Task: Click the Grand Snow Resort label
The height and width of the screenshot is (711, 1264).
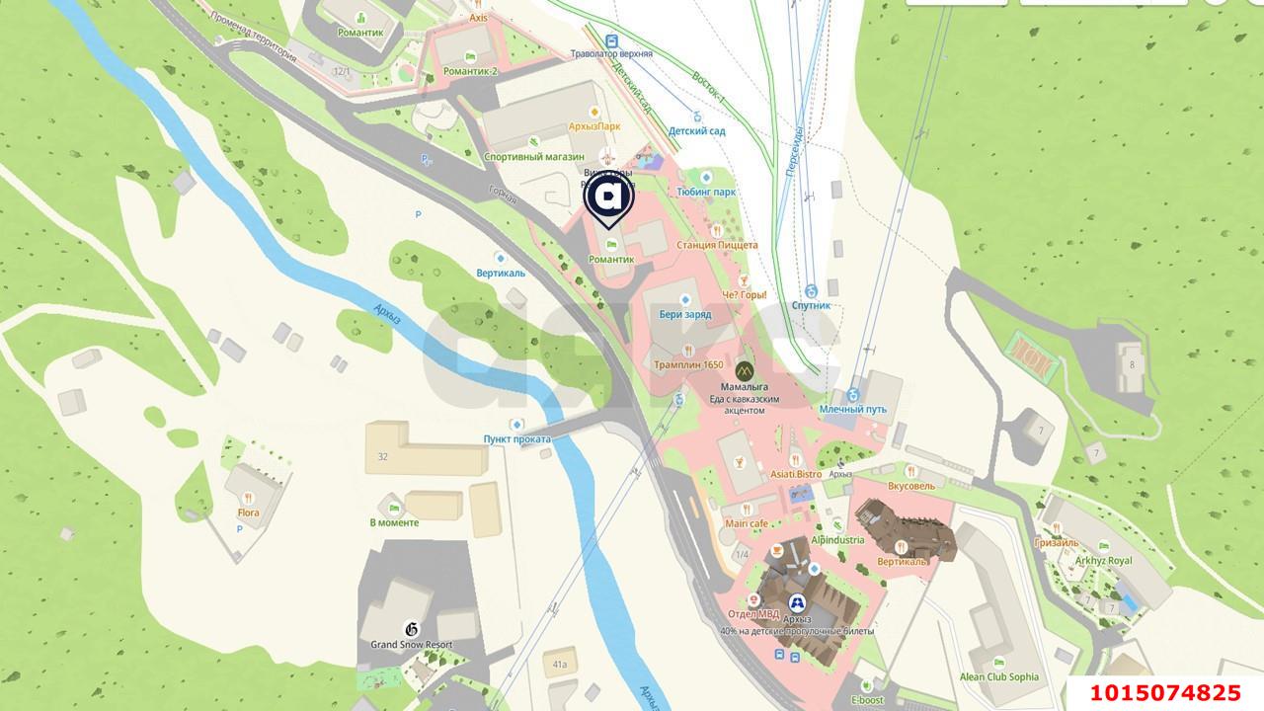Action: point(412,645)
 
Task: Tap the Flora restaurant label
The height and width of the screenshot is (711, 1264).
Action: point(248,513)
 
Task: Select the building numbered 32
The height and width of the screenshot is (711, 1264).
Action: point(382,456)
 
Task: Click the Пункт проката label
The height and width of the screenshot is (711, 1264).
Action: point(516,438)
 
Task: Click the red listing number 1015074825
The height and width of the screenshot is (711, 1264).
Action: point(1164,693)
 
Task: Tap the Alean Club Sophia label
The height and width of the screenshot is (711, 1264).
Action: point(999,677)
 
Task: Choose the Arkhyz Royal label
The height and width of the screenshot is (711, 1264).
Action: point(1104,560)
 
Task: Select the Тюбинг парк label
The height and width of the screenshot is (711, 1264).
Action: point(707,192)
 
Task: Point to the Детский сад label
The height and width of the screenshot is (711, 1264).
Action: point(697,130)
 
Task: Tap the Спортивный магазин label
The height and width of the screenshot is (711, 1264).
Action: point(534,157)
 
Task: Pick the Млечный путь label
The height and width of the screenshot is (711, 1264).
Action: point(853,409)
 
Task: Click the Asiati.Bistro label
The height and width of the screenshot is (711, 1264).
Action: point(796,474)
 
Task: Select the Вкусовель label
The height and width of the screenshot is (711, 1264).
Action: point(910,486)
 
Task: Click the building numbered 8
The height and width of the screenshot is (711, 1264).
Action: point(1132,364)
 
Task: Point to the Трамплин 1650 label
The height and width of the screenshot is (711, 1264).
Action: point(688,364)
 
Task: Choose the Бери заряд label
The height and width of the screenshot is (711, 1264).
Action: point(685,314)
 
